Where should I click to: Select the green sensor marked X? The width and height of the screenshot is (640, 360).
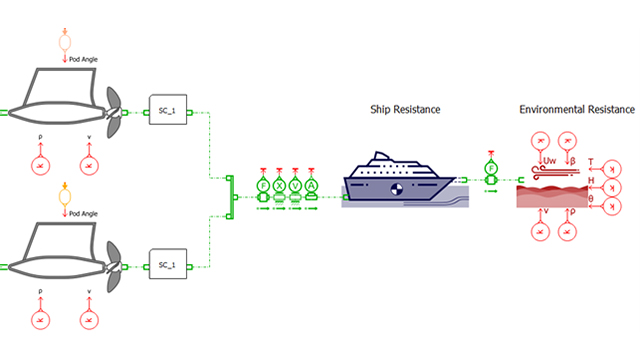(279, 185)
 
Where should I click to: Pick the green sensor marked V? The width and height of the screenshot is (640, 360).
(295, 185)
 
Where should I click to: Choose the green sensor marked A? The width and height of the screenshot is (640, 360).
(311, 185)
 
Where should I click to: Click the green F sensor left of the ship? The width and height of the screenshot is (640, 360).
(263, 185)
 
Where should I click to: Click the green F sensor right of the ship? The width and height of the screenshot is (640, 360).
(491, 167)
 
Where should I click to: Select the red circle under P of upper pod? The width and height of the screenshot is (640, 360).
(40, 163)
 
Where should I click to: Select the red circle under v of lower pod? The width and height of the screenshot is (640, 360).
(88, 318)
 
